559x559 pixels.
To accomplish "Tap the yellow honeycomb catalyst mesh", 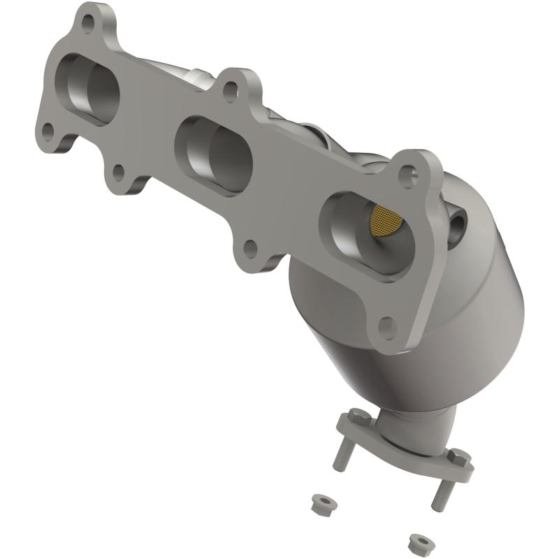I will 386,219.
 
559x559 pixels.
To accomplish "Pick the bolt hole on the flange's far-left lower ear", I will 48,130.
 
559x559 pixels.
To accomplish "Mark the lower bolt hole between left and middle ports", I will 119,171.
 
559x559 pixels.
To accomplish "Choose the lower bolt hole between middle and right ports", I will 249,248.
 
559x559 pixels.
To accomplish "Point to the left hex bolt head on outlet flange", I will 354,416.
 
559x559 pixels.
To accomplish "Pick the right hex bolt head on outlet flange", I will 461,457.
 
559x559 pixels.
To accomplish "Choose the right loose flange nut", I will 418,541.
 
